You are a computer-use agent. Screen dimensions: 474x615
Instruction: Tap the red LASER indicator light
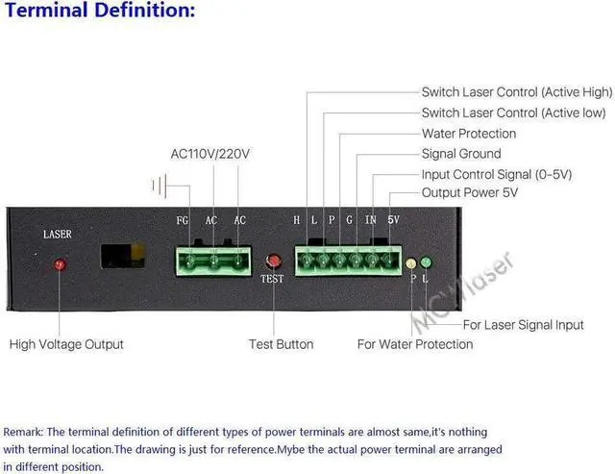click(59, 263)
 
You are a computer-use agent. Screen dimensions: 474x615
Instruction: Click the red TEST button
click(273, 261)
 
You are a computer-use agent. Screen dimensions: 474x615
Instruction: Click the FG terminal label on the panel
click(183, 220)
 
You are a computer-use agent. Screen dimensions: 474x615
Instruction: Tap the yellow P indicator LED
click(412, 262)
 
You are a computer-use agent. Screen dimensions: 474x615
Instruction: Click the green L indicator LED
click(427, 262)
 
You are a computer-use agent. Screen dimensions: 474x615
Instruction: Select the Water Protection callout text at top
click(469, 134)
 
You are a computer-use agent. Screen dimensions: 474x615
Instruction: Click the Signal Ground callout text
click(461, 154)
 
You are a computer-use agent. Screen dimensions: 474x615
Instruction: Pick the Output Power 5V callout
click(470, 193)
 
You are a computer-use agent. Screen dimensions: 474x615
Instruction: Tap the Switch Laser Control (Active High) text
click(517, 92)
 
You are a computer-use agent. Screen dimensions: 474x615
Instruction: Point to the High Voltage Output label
click(66, 344)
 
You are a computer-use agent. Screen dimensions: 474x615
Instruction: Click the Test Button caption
click(281, 344)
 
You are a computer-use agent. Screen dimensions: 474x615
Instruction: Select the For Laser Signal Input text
click(523, 325)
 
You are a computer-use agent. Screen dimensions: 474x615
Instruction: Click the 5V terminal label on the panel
click(393, 220)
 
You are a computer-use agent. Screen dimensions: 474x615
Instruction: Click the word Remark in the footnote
click(22, 432)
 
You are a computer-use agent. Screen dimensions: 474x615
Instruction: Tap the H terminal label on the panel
click(298, 220)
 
